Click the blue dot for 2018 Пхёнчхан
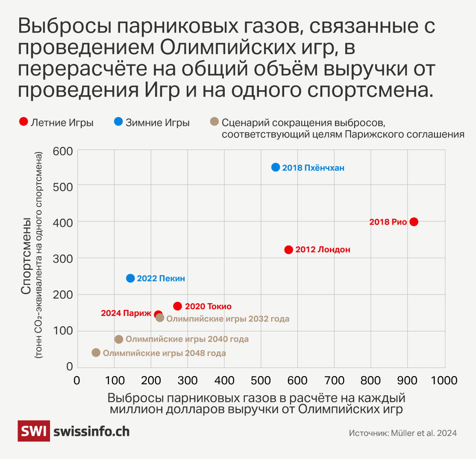[276, 167]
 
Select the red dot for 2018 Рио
[414, 222]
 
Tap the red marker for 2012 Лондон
[288, 250]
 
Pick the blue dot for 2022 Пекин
[130, 278]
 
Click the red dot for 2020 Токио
[178, 306]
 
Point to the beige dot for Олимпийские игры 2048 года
[96, 353]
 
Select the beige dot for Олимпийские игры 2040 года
[119, 339]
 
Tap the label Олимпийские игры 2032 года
[228, 319]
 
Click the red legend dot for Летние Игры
[24, 123]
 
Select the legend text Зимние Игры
[158, 123]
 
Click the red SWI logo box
[33, 431]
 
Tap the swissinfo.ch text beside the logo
[91, 431]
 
